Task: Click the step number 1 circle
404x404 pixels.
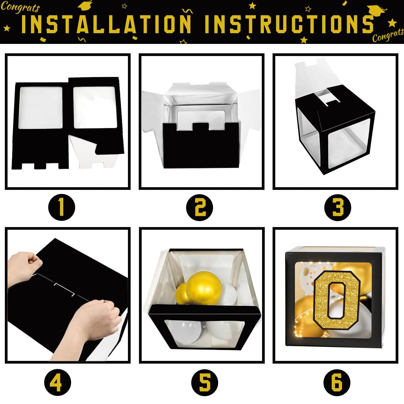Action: tap(61, 208)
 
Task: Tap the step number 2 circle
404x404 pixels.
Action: tap(200, 208)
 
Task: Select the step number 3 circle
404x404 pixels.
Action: tap(338, 208)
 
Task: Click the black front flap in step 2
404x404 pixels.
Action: tap(202, 146)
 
